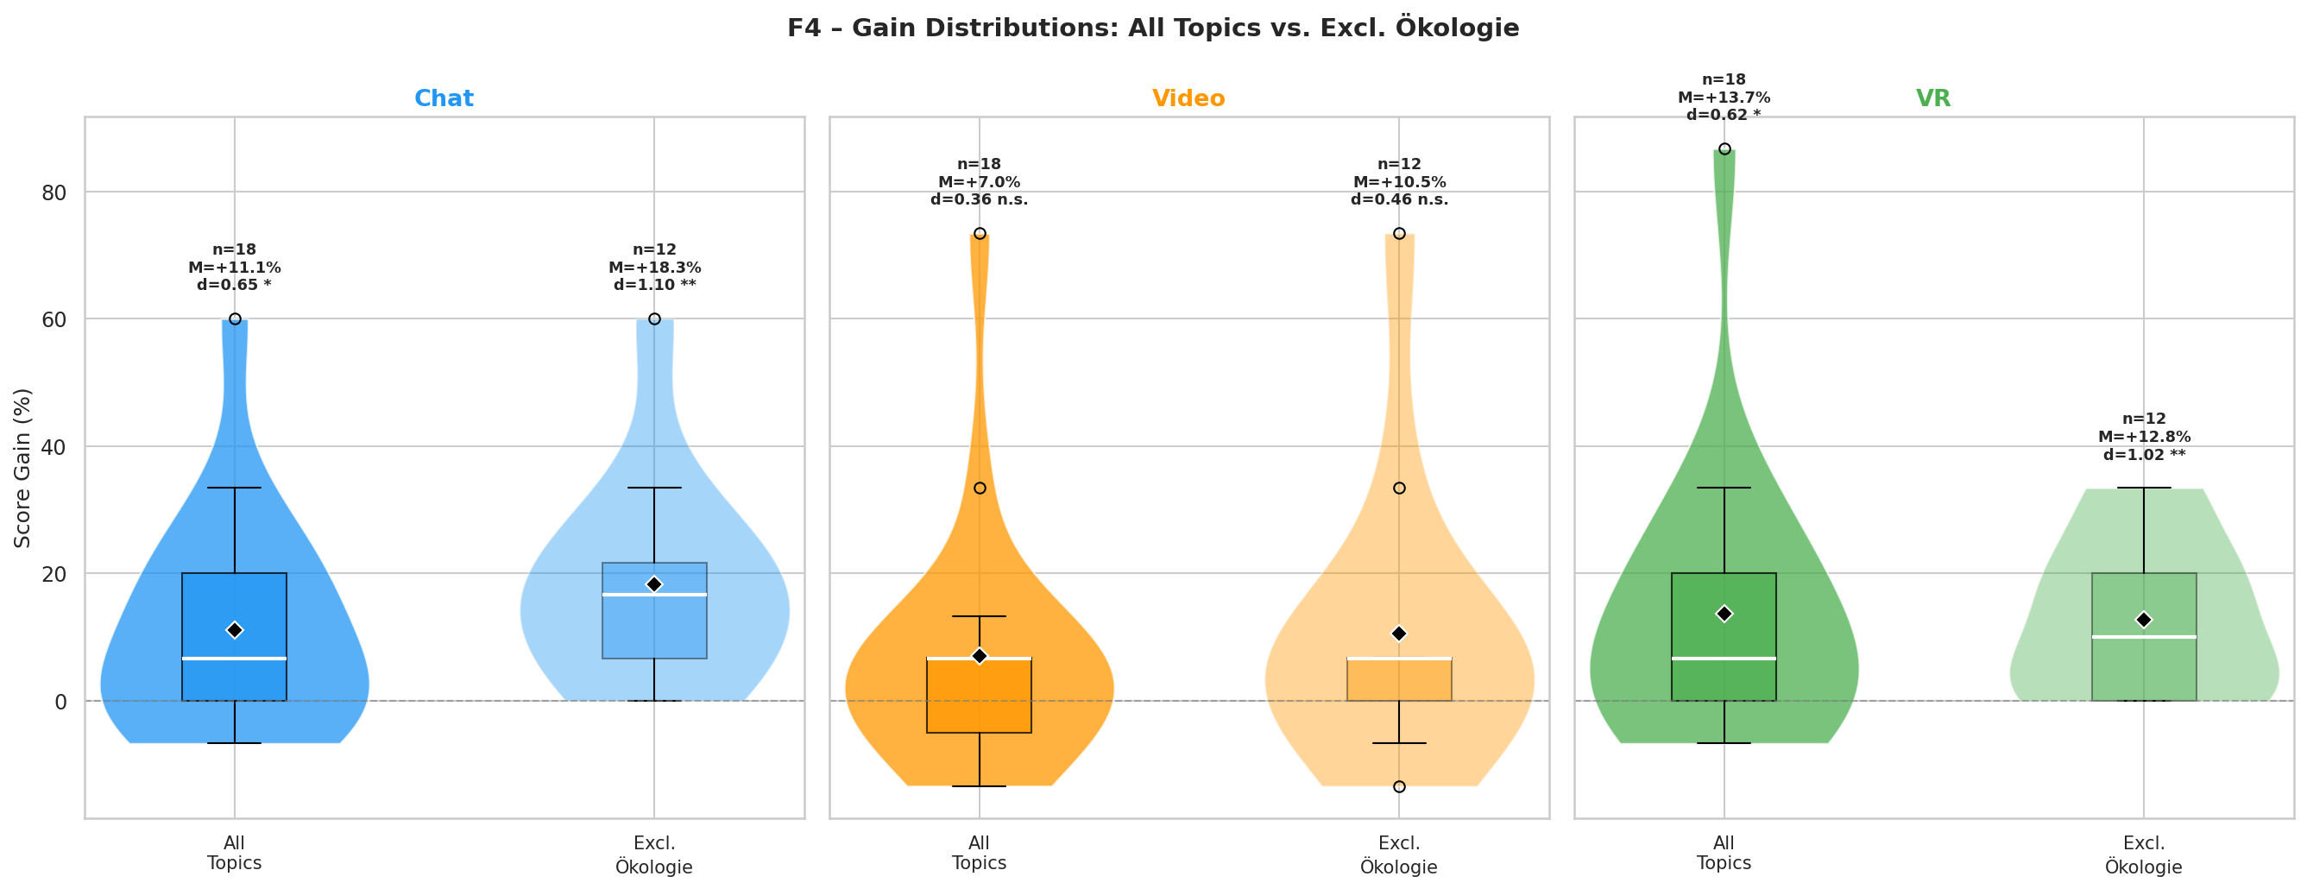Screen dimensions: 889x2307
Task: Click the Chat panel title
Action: tap(444, 98)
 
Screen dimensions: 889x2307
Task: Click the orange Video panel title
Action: tap(1188, 98)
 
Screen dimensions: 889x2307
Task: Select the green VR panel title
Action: tap(1932, 98)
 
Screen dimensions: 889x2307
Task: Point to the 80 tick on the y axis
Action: tap(54, 192)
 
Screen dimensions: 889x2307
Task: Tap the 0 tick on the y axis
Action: tap(61, 701)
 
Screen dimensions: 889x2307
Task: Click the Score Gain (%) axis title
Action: tap(22, 467)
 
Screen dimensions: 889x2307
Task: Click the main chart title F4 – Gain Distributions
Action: tap(1152, 28)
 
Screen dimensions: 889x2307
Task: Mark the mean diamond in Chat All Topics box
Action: tap(235, 630)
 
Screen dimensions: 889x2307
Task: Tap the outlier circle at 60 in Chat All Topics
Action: tap(235, 318)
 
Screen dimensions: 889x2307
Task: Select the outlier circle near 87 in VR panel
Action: tap(1724, 148)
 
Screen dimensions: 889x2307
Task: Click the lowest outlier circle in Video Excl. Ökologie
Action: tap(1399, 786)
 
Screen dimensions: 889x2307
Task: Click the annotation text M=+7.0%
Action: tap(979, 182)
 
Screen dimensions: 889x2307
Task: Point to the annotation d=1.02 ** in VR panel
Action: tap(2144, 455)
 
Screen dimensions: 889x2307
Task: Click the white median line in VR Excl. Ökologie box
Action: tap(2144, 636)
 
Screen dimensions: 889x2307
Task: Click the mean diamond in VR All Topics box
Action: tap(1724, 614)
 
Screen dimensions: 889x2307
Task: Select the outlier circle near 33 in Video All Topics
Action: tap(980, 488)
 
